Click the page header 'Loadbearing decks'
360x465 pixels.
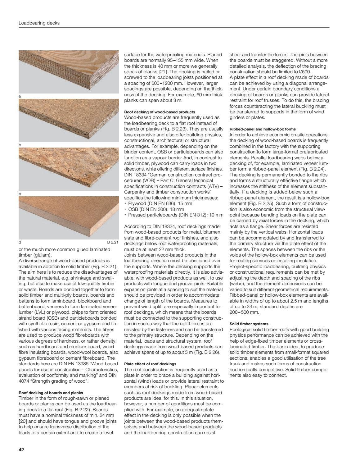[39, 23]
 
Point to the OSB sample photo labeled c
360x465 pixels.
[69, 169]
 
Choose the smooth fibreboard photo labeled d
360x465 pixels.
[69, 217]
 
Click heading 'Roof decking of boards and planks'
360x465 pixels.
[51, 393]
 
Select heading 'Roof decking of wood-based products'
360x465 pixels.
[160, 112]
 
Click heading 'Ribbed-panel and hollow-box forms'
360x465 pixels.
[263, 129]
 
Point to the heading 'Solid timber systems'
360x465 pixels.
[249, 324]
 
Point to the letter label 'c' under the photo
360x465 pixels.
[20, 194]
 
